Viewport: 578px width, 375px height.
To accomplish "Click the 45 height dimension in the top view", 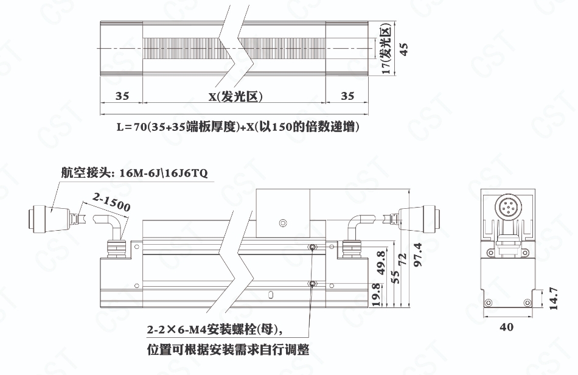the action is [x=403, y=49].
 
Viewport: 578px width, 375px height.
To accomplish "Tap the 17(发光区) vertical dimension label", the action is [x=386, y=49].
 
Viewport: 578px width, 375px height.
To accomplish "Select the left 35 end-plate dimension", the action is [x=122, y=96].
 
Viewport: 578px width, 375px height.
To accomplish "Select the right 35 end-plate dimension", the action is [x=347, y=96].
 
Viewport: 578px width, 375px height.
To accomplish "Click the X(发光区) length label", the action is [x=235, y=97].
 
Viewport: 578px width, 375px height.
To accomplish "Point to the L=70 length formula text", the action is [x=238, y=127].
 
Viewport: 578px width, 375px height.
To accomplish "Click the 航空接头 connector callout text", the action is [x=134, y=172].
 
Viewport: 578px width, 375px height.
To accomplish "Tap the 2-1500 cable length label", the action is [x=111, y=203].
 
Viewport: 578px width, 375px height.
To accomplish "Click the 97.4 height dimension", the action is [x=417, y=254].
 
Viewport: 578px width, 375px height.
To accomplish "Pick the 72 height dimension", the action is [x=403, y=259].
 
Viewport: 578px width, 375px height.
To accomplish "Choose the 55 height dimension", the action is [x=395, y=277].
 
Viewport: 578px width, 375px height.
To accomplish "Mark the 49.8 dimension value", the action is [x=381, y=263].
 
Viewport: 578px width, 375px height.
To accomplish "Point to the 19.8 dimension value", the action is [x=375, y=295].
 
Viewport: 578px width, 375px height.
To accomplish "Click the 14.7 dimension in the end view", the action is [x=553, y=299].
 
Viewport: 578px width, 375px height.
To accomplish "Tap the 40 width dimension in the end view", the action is [x=506, y=327].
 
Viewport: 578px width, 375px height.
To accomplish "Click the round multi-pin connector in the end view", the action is [x=507, y=207].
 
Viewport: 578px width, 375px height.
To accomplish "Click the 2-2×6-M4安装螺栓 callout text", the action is [x=215, y=329].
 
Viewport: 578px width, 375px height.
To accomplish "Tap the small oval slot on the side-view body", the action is [x=271, y=295].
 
